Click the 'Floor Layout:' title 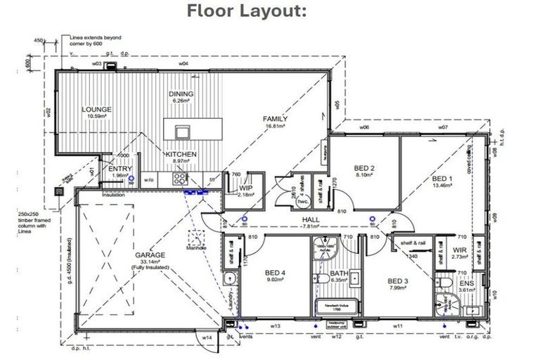click(x=270, y=11)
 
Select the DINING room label click(x=181, y=94)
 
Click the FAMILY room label click(x=275, y=119)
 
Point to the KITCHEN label click(x=181, y=154)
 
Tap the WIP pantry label click(x=245, y=188)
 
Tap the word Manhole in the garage click(x=196, y=247)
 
